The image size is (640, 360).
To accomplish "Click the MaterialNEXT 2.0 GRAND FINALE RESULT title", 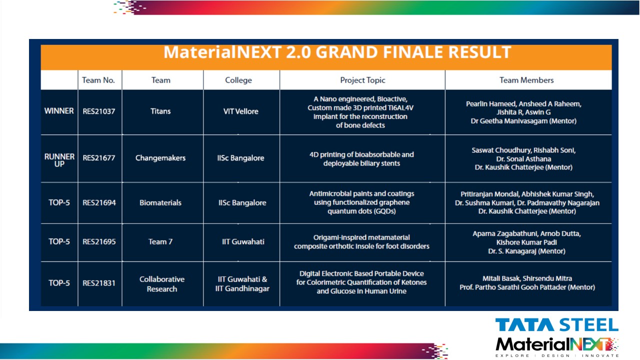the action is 337,52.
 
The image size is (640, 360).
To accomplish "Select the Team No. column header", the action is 98,80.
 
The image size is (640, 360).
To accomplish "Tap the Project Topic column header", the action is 362,80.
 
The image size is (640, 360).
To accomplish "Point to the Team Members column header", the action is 526,80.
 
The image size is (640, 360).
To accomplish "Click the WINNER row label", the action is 59,111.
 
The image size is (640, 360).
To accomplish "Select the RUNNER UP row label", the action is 59,160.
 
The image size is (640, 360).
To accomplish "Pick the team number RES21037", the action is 99,111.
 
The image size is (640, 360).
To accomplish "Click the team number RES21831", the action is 99,283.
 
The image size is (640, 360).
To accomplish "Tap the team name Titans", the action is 160,111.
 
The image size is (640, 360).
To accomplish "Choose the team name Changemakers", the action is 160,157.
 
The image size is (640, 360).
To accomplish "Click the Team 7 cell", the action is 160,241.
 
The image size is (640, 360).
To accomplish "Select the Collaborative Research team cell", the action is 162,284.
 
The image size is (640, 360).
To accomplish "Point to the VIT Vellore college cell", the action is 241,111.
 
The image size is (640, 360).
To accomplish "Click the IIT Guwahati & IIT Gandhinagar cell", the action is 242,284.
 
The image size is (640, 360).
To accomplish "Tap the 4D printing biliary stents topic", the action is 361,159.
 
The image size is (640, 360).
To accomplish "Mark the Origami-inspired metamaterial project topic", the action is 361,241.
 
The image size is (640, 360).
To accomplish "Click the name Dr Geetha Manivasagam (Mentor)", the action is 523,121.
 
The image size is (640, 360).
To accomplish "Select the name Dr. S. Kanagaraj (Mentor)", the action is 526,251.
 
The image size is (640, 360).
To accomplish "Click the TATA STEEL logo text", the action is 557,325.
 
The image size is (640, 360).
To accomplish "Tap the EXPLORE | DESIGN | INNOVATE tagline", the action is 557,355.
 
